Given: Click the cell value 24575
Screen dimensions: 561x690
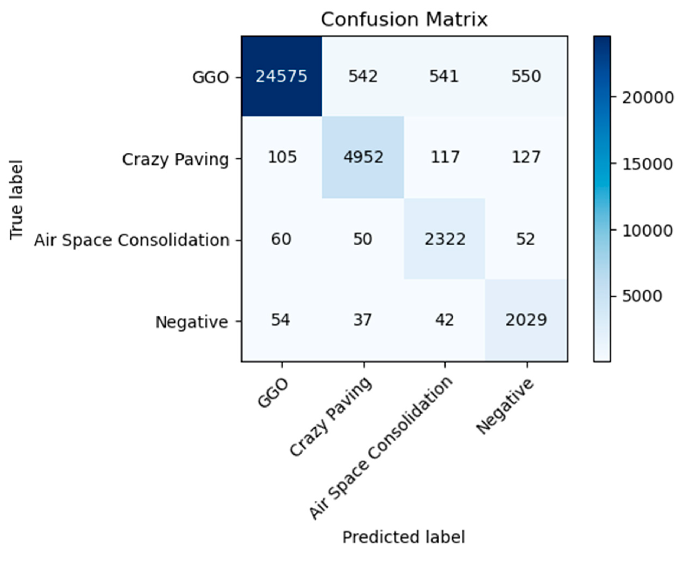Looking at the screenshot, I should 281,77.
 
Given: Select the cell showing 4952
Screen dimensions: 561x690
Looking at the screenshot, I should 363,157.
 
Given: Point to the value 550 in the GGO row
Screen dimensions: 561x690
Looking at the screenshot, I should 526,77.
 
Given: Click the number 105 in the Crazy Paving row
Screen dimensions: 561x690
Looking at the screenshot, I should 282,157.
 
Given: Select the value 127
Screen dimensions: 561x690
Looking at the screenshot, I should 526,157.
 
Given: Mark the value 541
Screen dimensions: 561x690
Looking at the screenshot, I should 444,77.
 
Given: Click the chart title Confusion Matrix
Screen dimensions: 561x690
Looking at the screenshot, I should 404,20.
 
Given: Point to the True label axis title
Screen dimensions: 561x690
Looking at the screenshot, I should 16,200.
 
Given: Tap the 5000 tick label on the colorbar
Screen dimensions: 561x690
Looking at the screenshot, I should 642,296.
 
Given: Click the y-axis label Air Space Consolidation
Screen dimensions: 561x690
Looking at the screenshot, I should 132,240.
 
